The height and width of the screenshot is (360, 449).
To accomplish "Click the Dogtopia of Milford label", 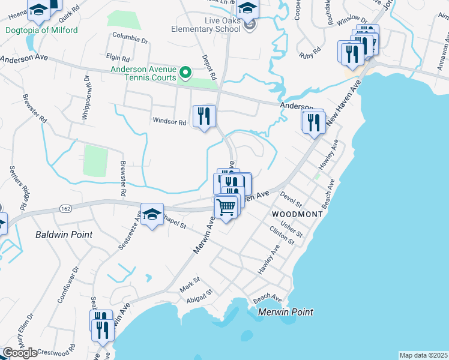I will [x=42, y=30].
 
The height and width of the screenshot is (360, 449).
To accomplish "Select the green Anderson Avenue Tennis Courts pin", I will [x=186, y=73].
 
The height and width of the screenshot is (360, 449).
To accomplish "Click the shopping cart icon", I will [x=226, y=208].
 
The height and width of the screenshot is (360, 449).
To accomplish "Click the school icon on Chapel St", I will [x=152, y=215].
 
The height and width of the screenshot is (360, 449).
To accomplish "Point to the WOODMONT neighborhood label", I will [x=293, y=214].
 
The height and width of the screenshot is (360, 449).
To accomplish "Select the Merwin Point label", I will [x=286, y=312].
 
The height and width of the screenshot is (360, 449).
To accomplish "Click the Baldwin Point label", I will [x=64, y=235].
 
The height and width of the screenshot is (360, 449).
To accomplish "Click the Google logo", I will [x=20, y=353].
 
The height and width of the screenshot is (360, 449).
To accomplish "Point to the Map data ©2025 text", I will [x=423, y=355].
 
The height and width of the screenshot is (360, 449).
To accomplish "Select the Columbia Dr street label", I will [x=130, y=41].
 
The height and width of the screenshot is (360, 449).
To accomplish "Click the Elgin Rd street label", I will [x=118, y=59].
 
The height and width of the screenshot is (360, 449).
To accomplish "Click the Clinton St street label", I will [x=282, y=235].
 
